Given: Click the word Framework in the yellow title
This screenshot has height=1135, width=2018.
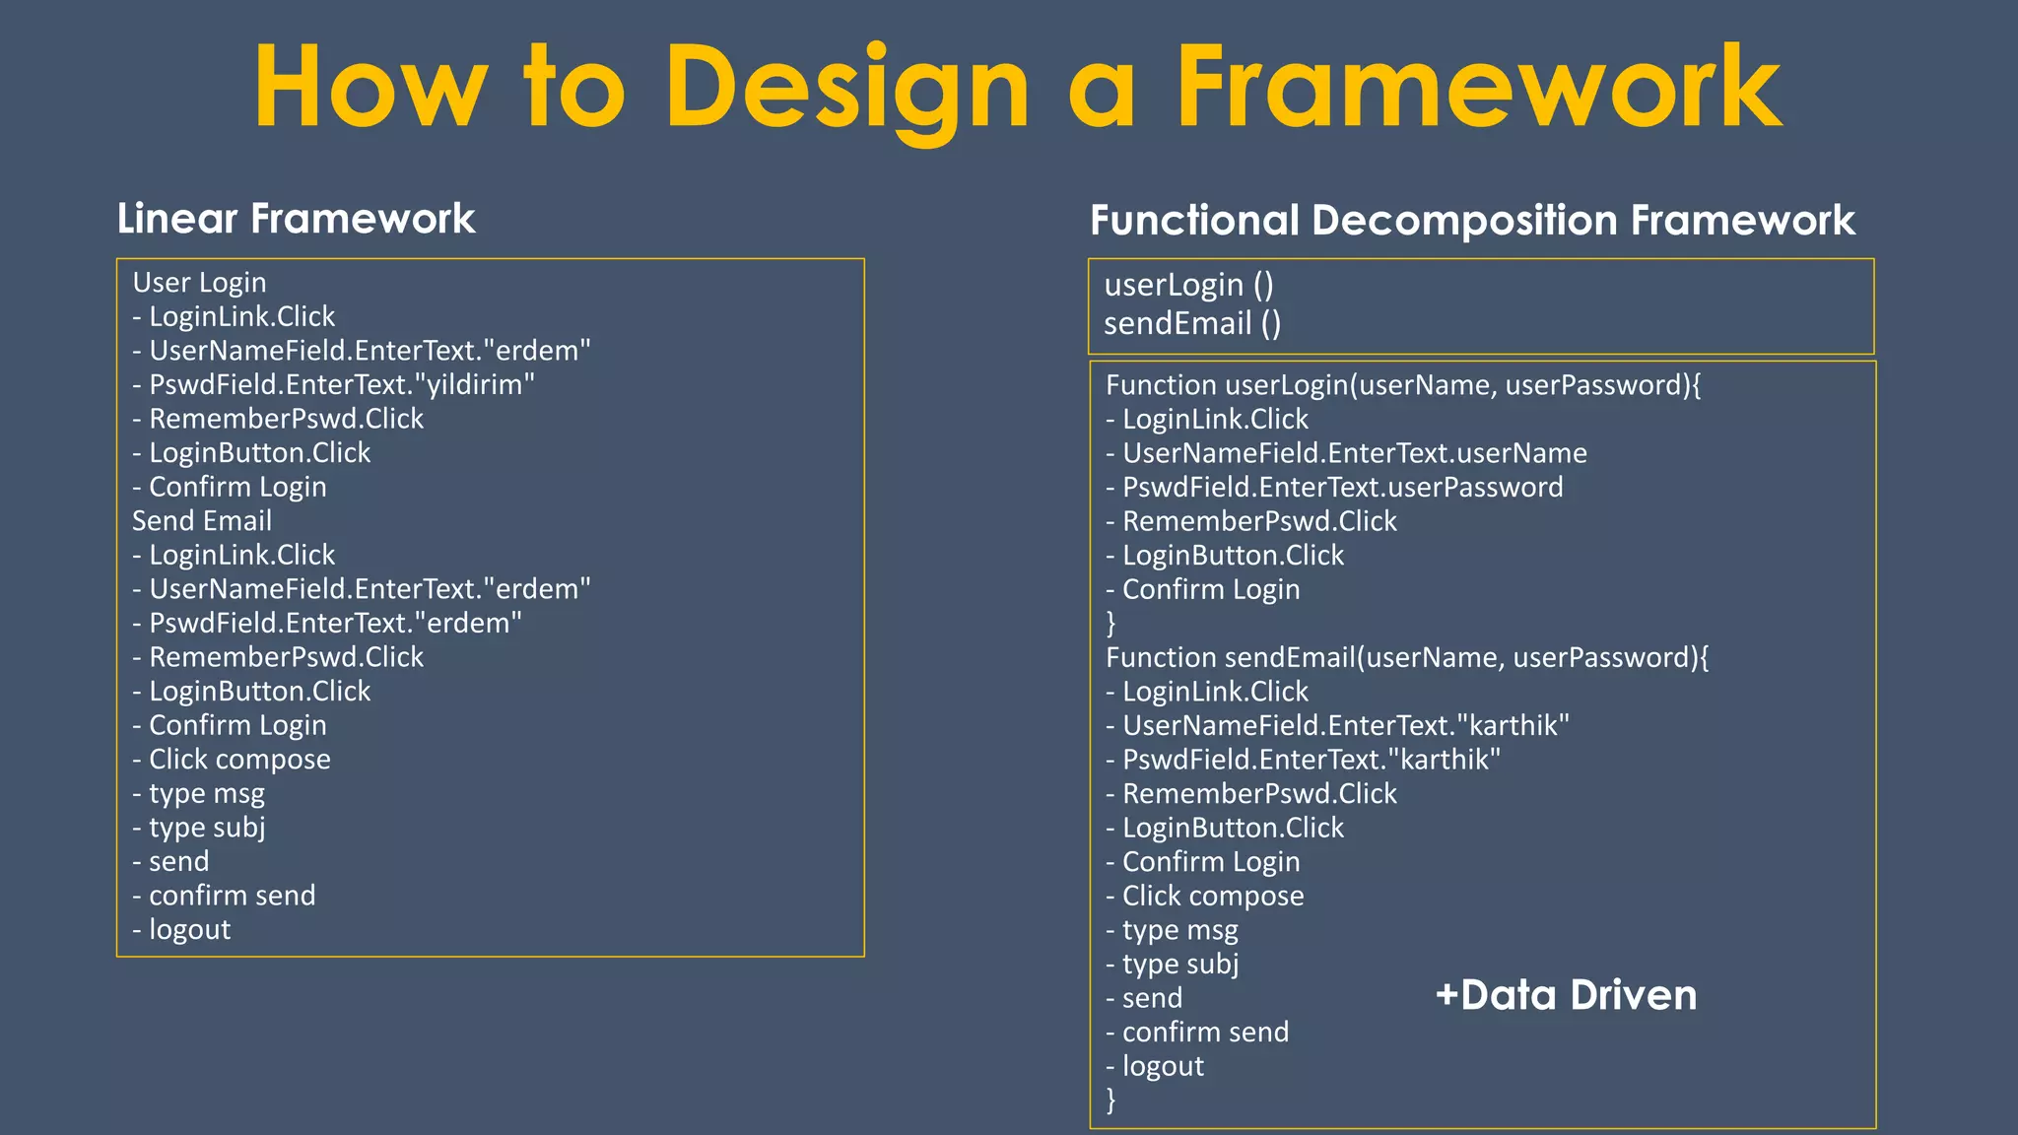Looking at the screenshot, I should coord(1478,89).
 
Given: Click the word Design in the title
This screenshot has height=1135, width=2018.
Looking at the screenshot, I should coord(847,89).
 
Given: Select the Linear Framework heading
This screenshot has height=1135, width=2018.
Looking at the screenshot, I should coord(296,219).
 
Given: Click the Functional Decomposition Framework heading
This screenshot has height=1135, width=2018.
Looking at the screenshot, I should coord(1472,221).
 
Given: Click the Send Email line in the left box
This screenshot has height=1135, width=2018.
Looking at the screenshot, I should coord(202,521).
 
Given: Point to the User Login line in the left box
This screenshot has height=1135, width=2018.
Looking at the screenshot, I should coord(199,283).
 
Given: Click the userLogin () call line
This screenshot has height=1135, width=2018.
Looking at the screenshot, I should coord(1188,286).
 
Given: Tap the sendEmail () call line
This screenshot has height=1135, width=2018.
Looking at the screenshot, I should coord(1192,324).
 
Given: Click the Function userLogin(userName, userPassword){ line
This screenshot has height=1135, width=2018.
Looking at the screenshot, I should coord(1403,385).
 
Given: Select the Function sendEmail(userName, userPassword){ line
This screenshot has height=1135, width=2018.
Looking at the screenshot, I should coord(1407,658).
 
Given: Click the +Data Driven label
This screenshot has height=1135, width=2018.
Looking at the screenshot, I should coord(1567,995).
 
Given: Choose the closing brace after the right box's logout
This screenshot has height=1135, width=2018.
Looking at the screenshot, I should coord(1111,1100).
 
